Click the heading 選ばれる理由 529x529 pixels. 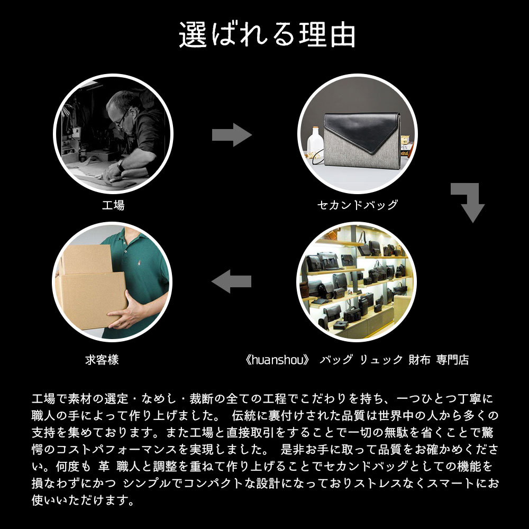[x=267, y=35]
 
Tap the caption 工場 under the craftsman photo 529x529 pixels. [x=113, y=205]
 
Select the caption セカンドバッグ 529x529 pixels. [x=357, y=205]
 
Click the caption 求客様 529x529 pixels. [x=102, y=360]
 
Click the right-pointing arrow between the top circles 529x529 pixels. [x=232, y=136]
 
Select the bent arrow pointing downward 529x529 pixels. [x=469, y=202]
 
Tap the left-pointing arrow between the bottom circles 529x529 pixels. [x=231, y=280]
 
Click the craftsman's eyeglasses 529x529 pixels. [x=121, y=120]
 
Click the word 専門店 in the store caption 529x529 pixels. [x=453, y=360]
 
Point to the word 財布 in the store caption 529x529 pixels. [x=419, y=360]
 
